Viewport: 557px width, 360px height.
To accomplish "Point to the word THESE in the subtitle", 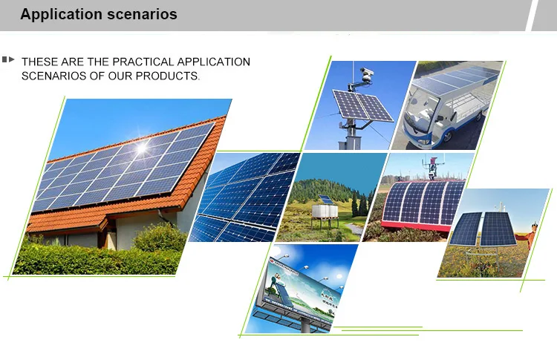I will pos(39,62).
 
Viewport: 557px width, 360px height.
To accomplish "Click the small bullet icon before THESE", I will pos(9,59).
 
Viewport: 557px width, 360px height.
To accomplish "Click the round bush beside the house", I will pos(159,238).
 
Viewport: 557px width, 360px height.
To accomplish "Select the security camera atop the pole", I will pos(365,74).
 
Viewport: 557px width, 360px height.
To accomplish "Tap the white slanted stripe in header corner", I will pos(541,16).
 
